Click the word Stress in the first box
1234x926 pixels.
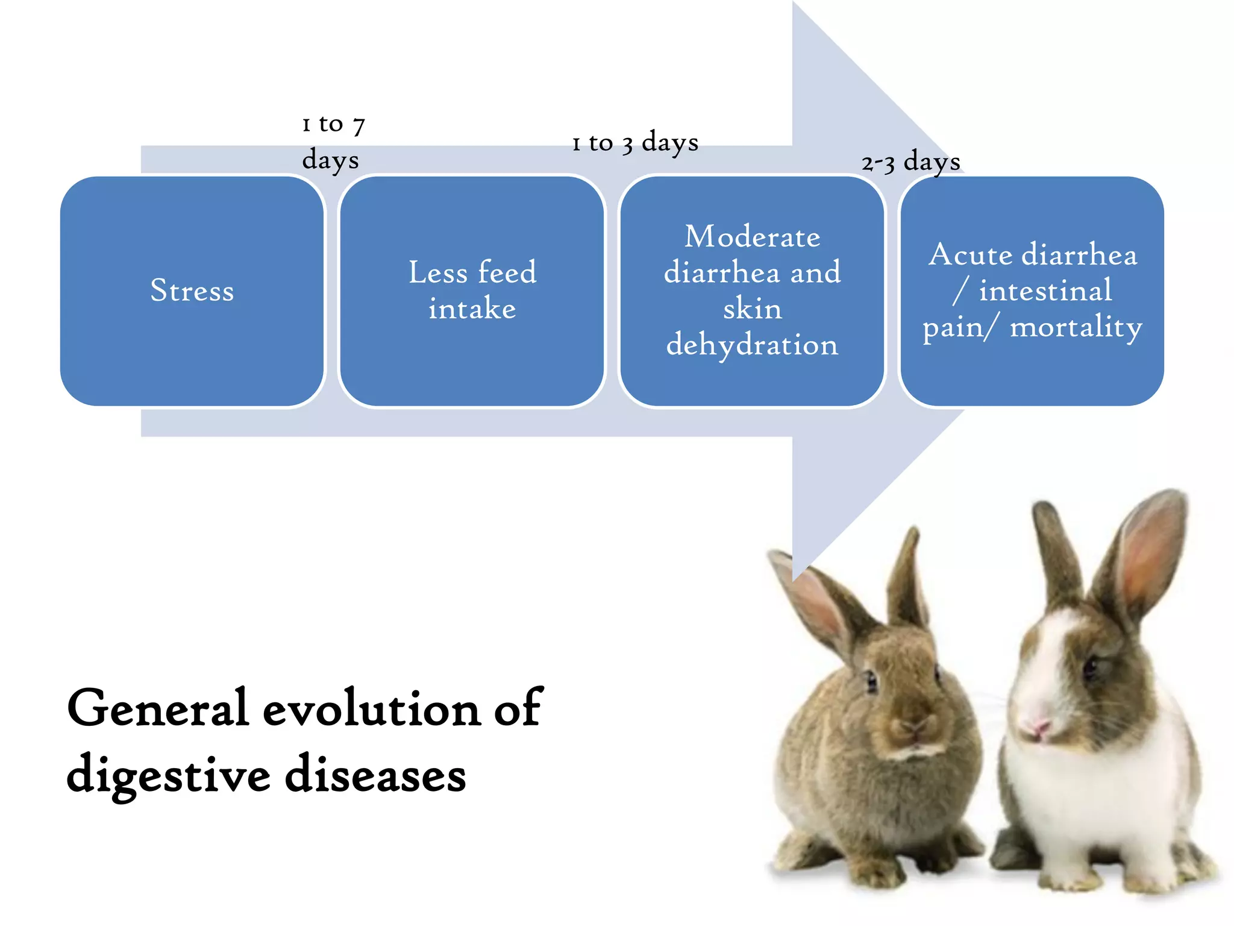tap(192, 291)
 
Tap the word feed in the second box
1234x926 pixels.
tap(506, 272)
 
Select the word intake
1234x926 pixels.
tap(472, 309)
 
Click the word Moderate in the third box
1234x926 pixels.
tap(752, 236)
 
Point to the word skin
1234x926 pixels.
tap(752, 309)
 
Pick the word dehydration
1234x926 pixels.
tap(752, 345)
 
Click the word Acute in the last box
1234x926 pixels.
tap(970, 254)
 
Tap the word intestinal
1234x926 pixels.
tap(1045, 291)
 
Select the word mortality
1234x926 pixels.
tap(1076, 327)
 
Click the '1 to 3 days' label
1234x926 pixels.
tap(635, 143)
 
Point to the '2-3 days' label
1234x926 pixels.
tap(910, 162)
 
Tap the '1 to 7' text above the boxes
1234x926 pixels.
tap(333, 124)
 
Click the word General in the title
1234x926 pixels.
tap(158, 708)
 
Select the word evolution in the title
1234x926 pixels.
tap(372, 708)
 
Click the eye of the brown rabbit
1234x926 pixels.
tap(871, 681)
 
